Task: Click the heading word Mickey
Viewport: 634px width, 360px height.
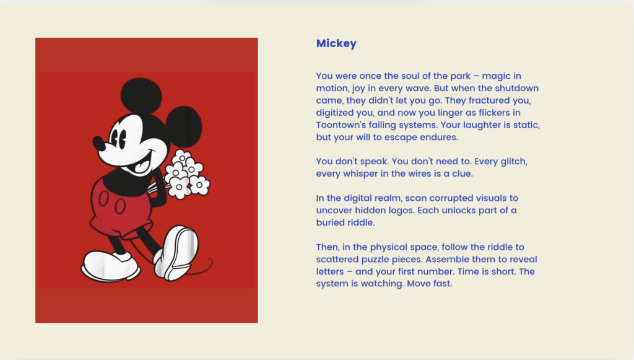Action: coord(336,44)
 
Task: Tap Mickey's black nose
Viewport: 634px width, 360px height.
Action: coord(98,143)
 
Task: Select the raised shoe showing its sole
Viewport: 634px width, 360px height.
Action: coord(176,252)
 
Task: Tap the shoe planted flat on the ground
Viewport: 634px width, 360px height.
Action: coord(110,266)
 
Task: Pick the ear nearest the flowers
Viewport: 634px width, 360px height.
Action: coord(183,126)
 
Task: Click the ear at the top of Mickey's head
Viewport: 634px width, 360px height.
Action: coord(141,95)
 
